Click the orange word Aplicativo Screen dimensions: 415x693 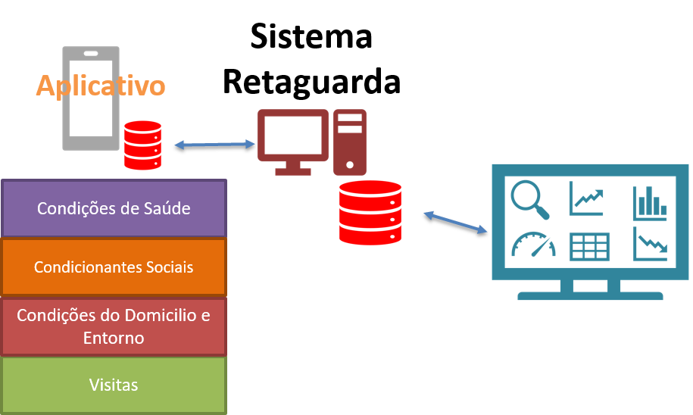pos(100,86)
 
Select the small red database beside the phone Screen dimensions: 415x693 pos(143,145)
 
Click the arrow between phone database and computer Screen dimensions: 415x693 pos(215,143)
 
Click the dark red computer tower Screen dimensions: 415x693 pos(349,141)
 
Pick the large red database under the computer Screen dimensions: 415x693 pos(370,213)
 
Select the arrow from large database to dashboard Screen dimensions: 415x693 pos(455,222)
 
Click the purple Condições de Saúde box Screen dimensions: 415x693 pos(114,208)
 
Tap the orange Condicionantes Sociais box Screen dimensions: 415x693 pos(114,267)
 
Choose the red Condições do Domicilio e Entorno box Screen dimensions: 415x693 pos(114,326)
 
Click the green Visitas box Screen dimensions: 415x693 pos(114,385)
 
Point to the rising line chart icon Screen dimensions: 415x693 pos(588,198)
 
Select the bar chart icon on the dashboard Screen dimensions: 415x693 pos(650,201)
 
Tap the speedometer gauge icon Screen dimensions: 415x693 pos(533,244)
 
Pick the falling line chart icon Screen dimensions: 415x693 pos(650,244)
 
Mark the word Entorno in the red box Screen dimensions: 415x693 pos(114,338)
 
